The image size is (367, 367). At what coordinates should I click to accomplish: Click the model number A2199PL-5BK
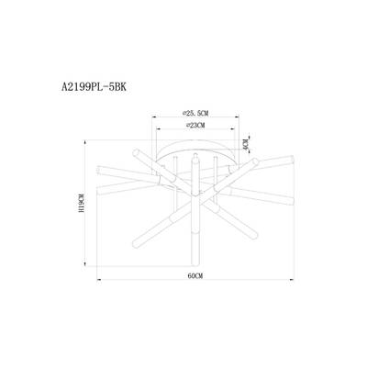tap(94, 87)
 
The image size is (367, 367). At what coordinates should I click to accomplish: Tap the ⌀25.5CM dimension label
tap(195, 114)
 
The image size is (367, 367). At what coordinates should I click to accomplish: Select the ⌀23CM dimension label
tap(195, 126)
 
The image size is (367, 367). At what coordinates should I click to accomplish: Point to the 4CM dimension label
tap(244, 144)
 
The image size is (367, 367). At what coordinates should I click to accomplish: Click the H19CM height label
tap(81, 204)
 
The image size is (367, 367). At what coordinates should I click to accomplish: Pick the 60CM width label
tap(195, 276)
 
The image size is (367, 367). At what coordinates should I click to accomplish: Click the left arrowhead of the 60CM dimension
tap(99, 279)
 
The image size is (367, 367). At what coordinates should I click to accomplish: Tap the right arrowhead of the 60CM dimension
tap(292, 279)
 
